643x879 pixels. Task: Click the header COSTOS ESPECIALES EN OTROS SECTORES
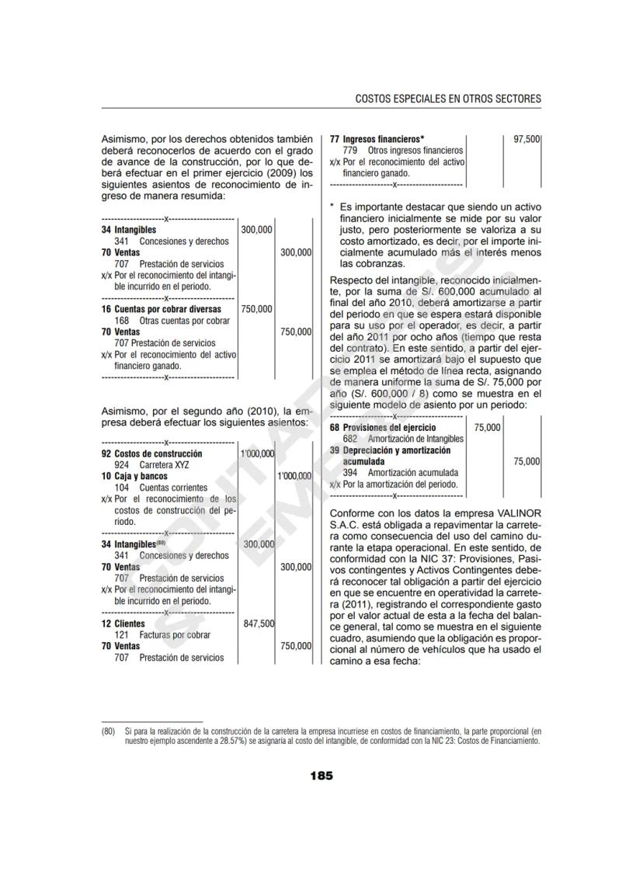pos(447,99)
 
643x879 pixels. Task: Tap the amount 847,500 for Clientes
pos(259,624)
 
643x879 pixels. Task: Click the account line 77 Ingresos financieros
pos(377,138)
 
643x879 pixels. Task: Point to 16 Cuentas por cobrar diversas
pos(161,309)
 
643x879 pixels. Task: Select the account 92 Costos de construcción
pos(152,453)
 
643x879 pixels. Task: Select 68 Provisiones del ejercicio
pos(383,427)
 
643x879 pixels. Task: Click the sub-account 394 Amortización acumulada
pos(400,472)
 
